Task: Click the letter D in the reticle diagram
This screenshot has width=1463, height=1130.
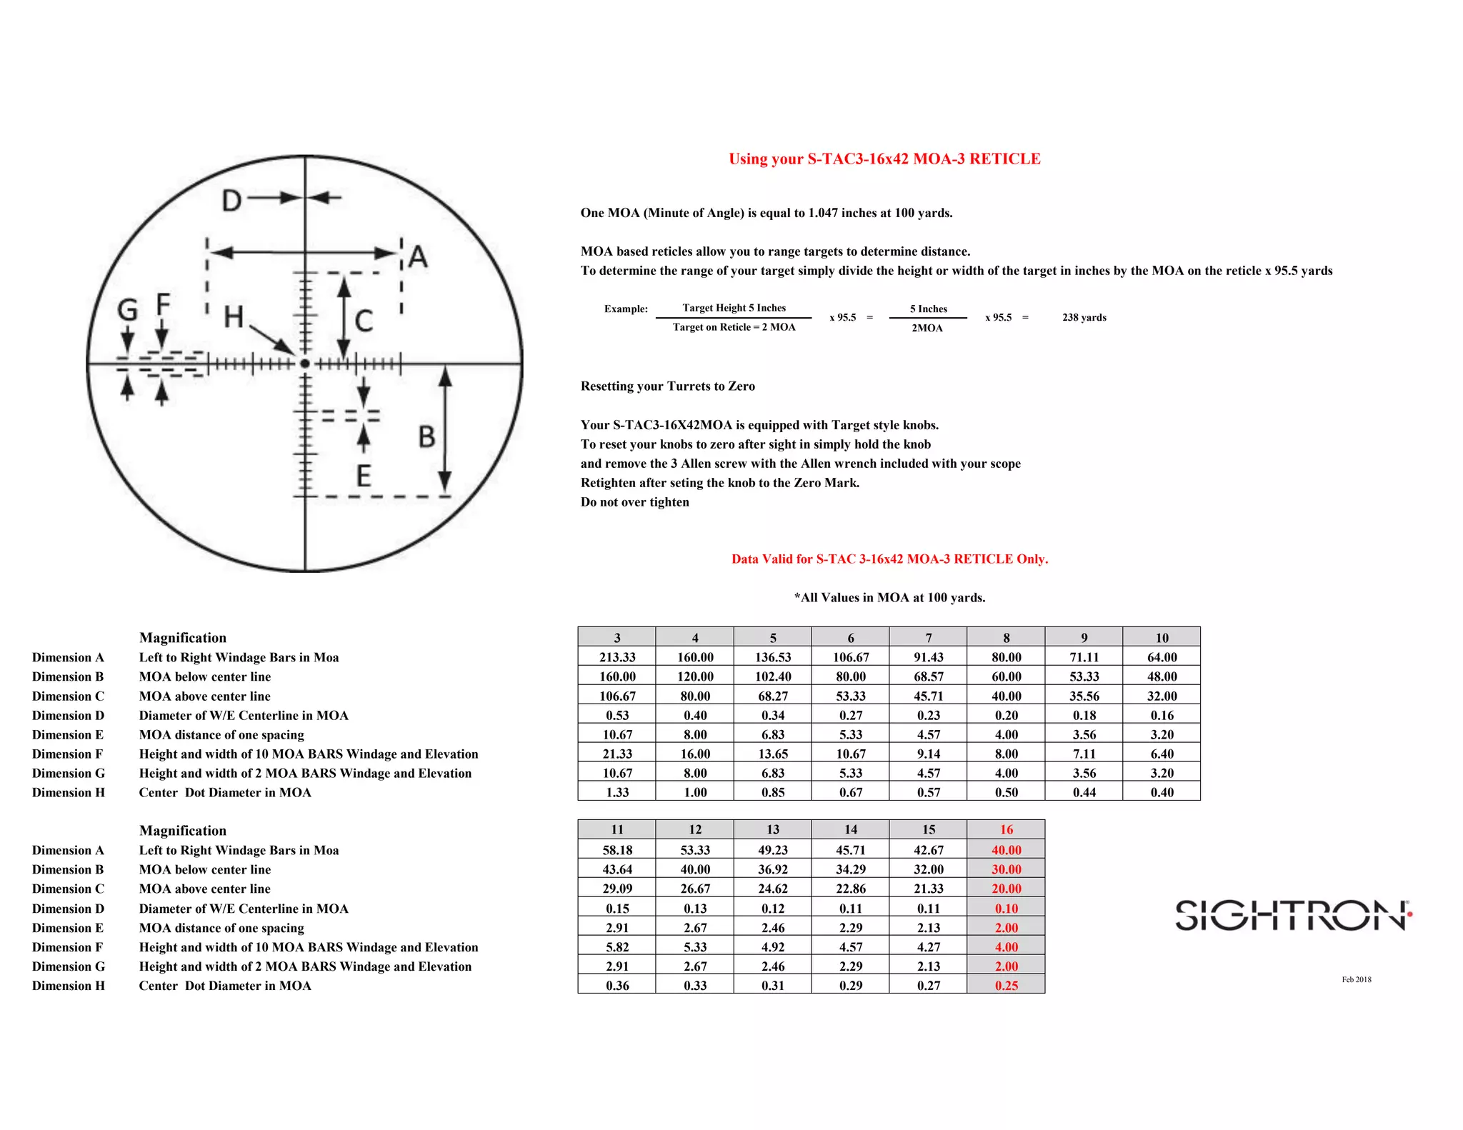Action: coord(231,201)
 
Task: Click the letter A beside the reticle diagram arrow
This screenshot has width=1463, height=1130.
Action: coord(419,256)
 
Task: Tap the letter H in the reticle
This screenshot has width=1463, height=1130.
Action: coord(234,316)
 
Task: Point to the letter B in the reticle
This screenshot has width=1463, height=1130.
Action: coord(426,436)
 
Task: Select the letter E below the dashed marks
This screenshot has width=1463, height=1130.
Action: coord(364,476)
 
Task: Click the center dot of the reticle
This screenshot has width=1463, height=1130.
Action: coord(305,364)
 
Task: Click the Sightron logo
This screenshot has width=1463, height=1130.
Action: coord(1293,915)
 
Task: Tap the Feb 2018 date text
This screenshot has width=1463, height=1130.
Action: coord(1356,979)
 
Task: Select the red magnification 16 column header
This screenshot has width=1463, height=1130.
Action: coord(1006,829)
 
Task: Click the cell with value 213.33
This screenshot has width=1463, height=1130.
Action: coord(617,657)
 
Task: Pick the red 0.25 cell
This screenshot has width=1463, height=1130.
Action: coord(1006,985)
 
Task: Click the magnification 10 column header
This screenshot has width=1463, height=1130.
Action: coord(1162,637)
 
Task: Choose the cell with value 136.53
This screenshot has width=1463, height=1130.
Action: coord(773,657)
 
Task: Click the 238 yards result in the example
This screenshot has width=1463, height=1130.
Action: coord(1084,317)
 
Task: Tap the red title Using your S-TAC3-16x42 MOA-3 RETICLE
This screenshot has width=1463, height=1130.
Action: coord(884,159)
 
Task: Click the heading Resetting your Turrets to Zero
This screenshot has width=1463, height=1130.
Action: coord(667,386)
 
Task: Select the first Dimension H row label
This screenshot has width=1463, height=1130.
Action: coord(68,792)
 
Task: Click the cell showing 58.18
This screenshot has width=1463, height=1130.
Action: coord(617,850)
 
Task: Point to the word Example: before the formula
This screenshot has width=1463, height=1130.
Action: coord(626,309)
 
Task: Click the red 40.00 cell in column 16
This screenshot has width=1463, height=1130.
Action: coord(1006,850)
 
